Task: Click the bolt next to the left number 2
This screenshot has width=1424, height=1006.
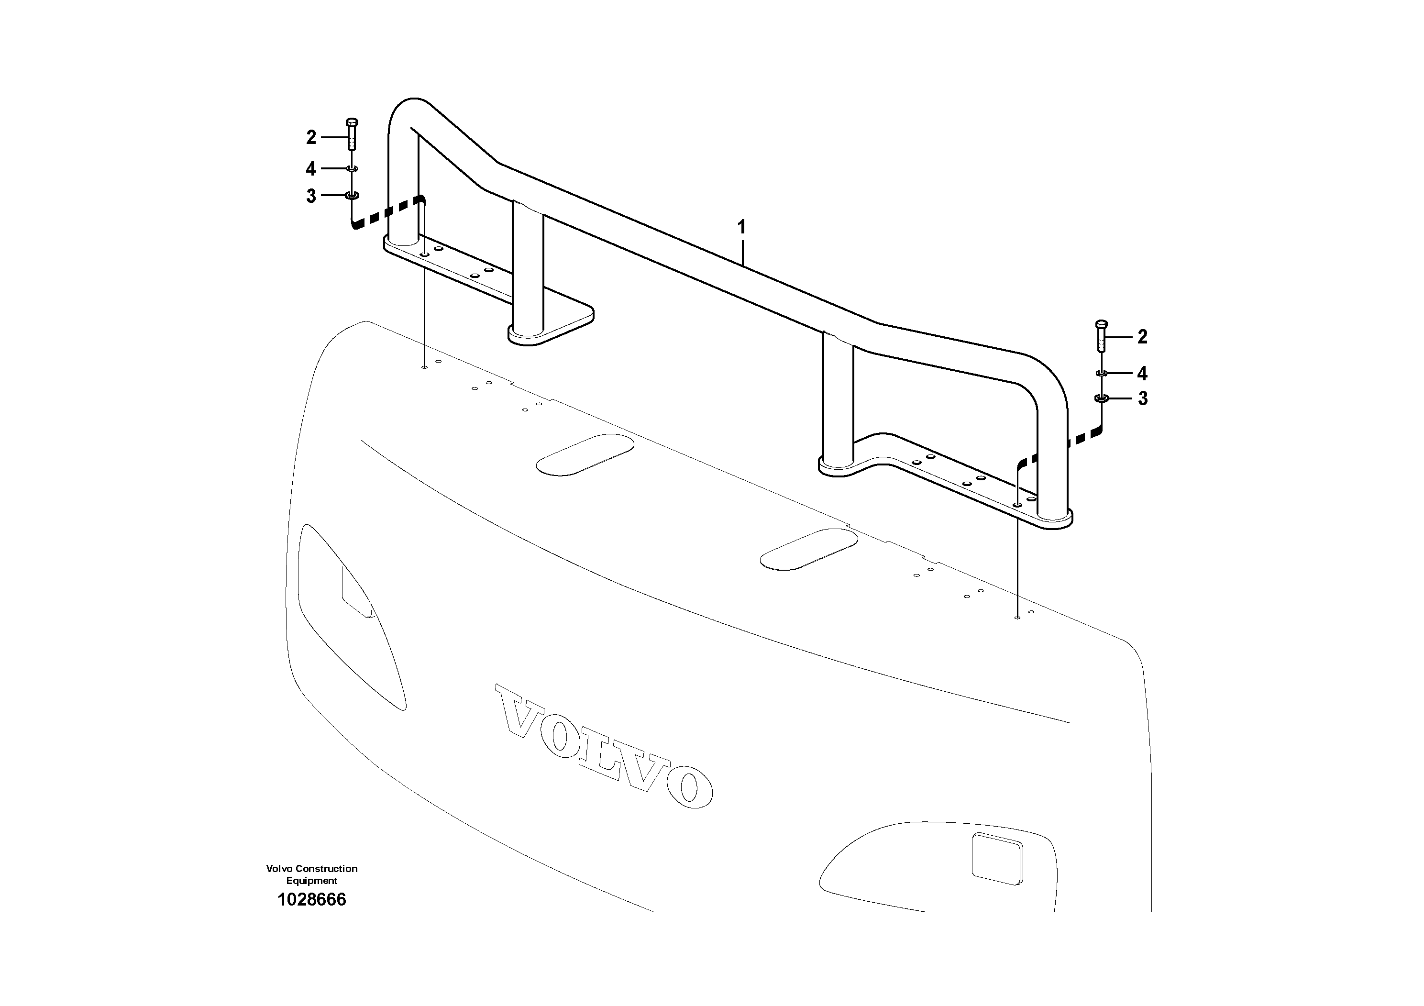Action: (352, 133)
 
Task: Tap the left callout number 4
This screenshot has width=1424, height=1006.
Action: (311, 169)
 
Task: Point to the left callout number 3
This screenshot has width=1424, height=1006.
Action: (311, 197)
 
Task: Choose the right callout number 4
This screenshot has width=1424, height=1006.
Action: (1142, 374)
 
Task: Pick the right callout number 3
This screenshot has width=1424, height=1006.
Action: (1142, 398)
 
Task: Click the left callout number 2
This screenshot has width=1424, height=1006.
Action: (311, 137)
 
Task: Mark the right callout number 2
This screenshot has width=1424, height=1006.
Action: (1142, 337)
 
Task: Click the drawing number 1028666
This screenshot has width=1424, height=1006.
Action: (312, 899)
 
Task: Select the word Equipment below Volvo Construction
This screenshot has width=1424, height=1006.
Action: (312, 881)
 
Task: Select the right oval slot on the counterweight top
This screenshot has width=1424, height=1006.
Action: (809, 548)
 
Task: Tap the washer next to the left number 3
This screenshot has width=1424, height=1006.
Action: (352, 196)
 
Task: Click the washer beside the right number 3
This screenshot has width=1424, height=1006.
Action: (1102, 398)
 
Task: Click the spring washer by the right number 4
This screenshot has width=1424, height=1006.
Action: (1102, 373)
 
